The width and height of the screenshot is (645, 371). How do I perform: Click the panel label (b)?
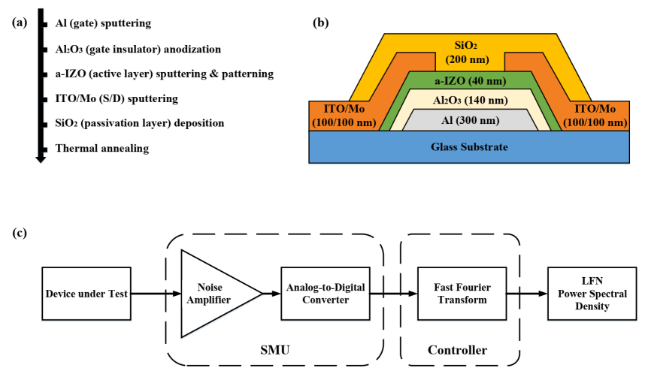tap(321, 23)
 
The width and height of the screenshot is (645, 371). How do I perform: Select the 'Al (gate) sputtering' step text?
tap(103, 23)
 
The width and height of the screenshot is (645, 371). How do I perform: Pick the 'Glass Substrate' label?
tap(470, 147)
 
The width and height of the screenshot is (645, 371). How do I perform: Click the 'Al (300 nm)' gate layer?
tap(471, 120)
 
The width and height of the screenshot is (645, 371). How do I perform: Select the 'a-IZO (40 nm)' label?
tap(471, 81)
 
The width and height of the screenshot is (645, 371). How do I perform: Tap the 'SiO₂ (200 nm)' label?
tap(469, 52)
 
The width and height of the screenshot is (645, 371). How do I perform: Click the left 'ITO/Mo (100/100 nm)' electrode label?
tap(344, 115)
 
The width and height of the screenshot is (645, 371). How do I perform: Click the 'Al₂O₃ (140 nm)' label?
tap(471, 101)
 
